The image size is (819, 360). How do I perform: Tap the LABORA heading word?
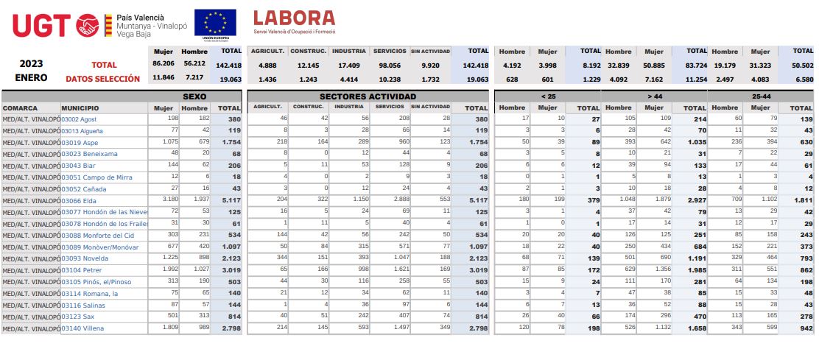[x=293, y=18]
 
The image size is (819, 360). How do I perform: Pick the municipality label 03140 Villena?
[x=84, y=328]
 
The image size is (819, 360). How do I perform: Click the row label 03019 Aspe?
[x=81, y=143]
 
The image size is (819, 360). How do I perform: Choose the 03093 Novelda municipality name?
[x=85, y=258]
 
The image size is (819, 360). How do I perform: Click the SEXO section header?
[x=194, y=96]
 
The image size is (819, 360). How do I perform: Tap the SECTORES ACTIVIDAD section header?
[x=368, y=96]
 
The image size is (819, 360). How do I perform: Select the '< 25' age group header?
[x=548, y=96]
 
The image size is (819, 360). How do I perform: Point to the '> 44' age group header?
[x=654, y=96]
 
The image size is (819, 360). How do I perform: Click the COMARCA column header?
[x=21, y=107]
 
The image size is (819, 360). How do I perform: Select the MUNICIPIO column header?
[x=80, y=107]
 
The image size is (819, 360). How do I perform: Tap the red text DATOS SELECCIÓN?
[x=102, y=78]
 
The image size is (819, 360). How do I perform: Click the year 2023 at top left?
[x=31, y=64]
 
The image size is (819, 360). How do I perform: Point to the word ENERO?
[x=31, y=77]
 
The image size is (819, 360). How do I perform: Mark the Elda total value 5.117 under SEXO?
[x=231, y=201]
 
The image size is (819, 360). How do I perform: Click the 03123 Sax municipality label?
[x=78, y=317]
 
